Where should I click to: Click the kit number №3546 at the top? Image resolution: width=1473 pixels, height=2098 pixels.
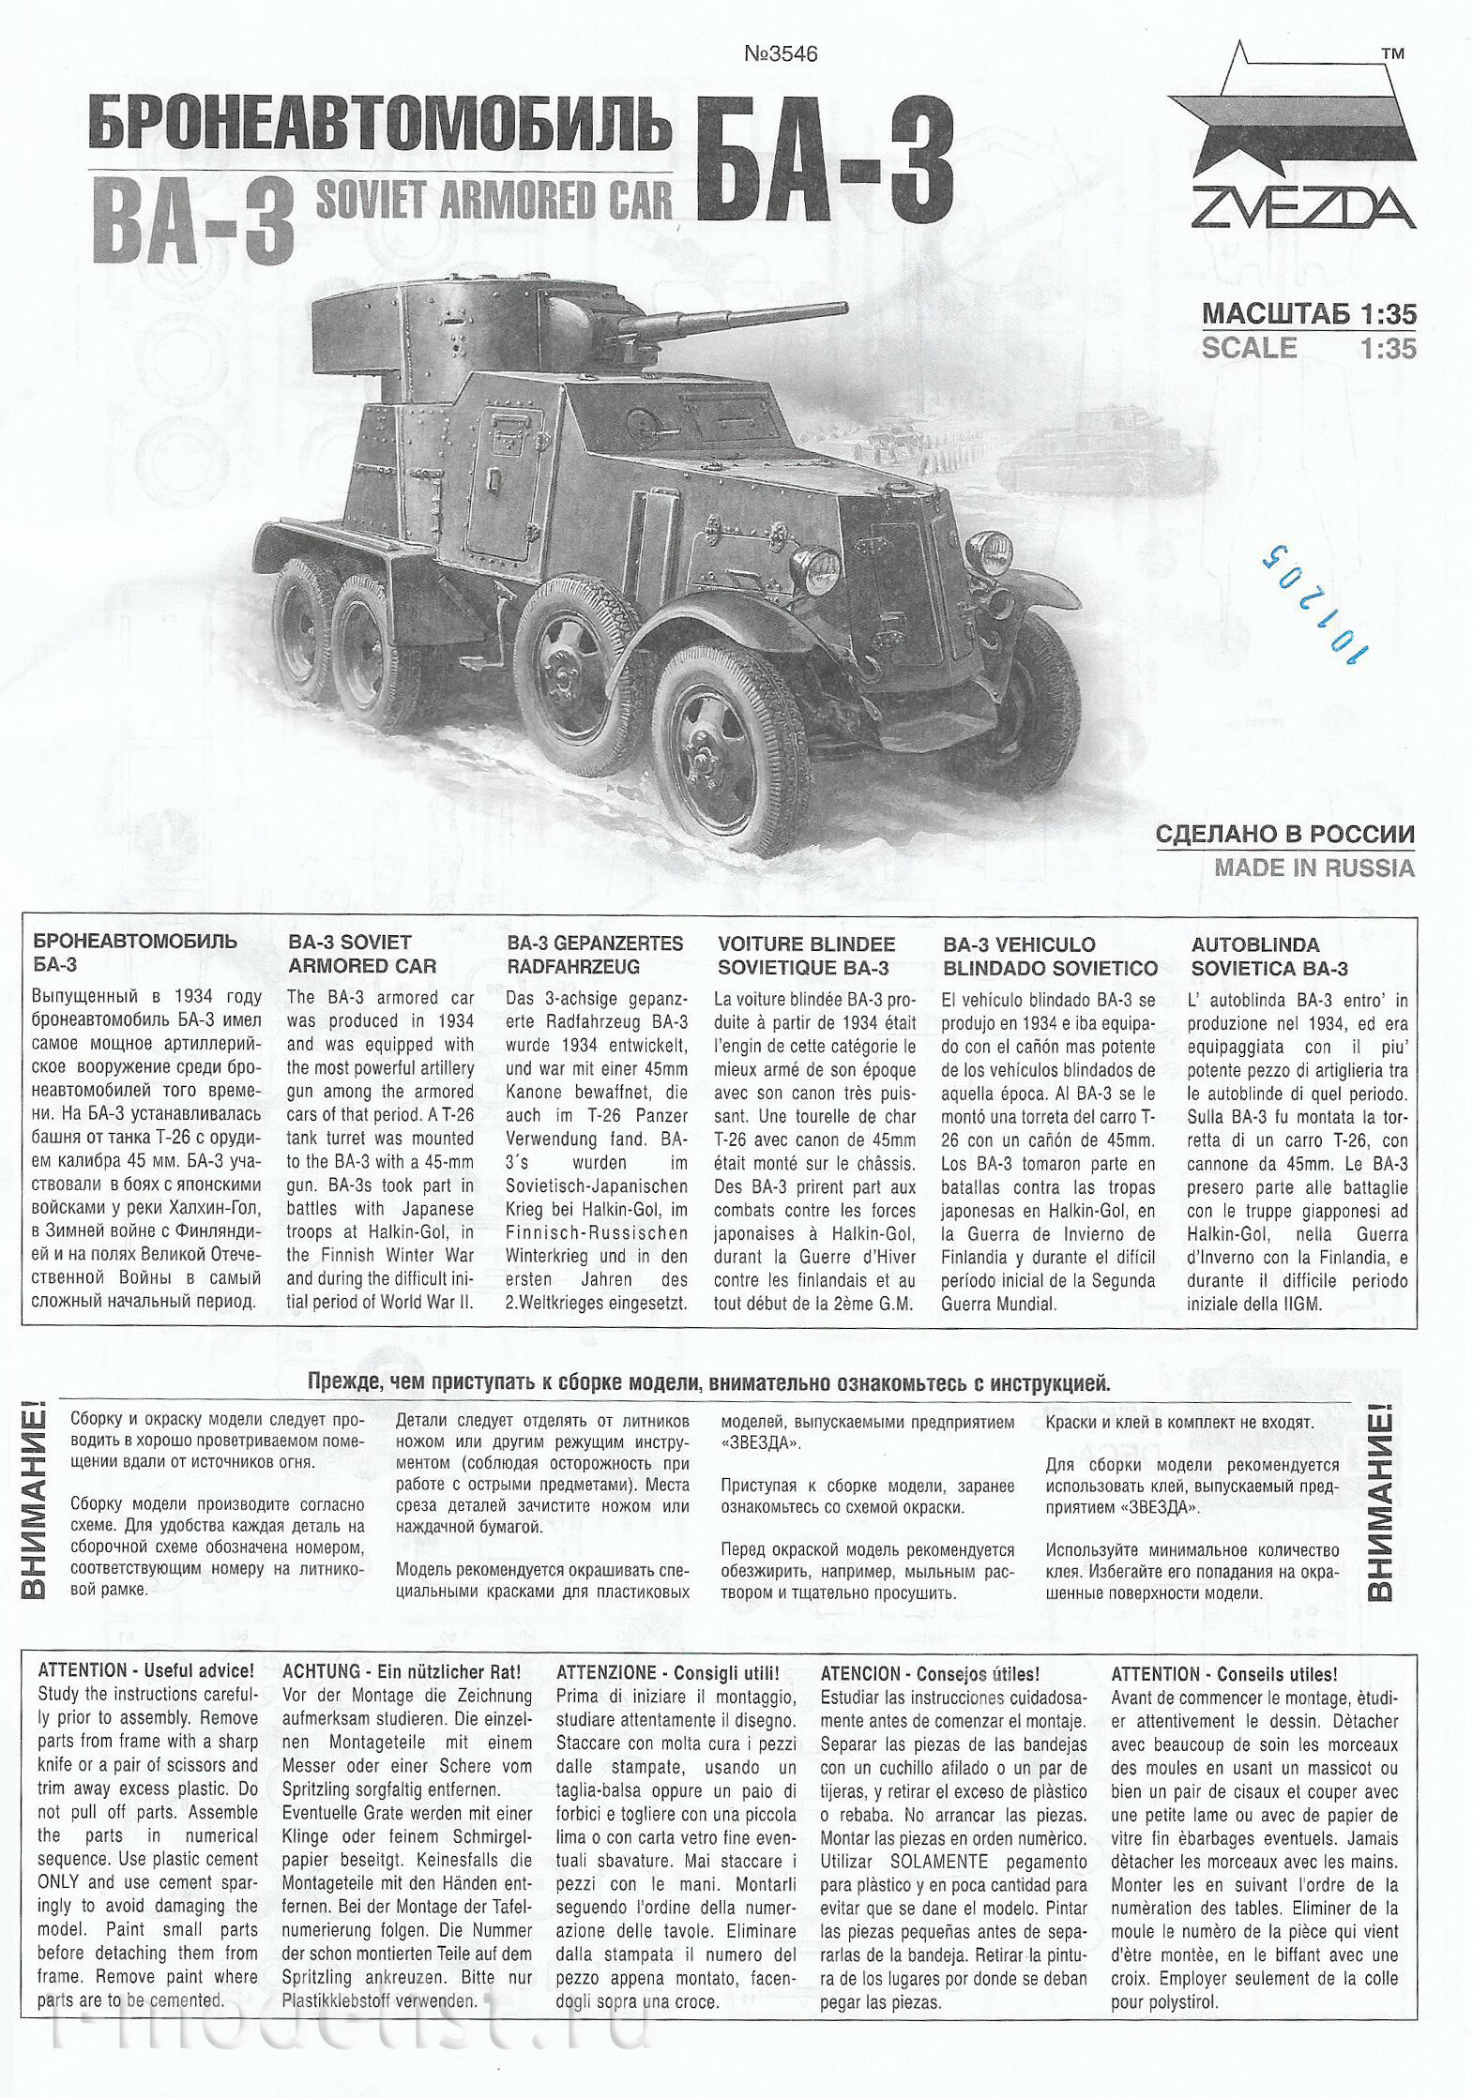click(781, 53)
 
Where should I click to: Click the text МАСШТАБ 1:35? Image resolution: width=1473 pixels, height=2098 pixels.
click(1309, 313)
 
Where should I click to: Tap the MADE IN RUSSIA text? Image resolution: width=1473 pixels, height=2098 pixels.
click(1314, 868)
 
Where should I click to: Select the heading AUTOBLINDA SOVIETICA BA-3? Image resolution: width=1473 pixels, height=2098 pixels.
click(1269, 956)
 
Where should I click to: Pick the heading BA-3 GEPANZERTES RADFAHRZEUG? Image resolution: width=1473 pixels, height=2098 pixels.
click(595, 955)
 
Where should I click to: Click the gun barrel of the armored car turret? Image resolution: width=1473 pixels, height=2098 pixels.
click(741, 316)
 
